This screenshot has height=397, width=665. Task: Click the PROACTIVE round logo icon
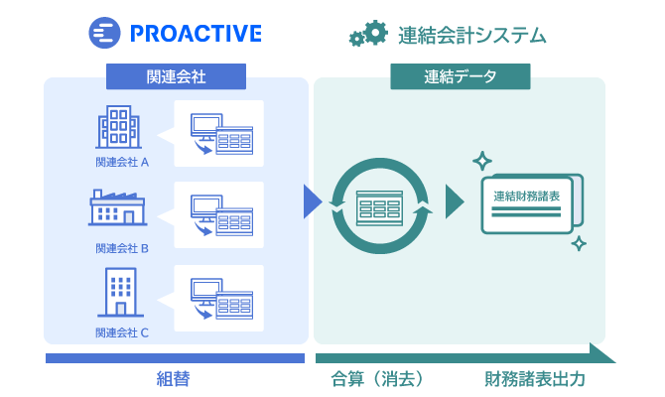(x=104, y=33)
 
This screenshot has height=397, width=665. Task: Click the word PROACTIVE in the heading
(x=196, y=34)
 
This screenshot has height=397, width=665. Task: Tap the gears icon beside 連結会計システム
(x=368, y=33)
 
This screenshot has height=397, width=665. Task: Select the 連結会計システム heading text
(x=472, y=35)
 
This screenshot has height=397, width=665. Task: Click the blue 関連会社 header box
(x=176, y=76)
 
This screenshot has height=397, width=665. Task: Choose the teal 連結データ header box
(x=461, y=76)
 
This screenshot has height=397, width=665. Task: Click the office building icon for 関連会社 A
(x=118, y=127)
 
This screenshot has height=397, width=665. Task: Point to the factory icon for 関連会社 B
(x=118, y=207)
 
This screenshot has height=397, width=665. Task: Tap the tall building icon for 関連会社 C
(x=121, y=292)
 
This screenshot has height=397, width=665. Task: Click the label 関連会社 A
(x=122, y=162)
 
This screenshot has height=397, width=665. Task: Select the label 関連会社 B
(x=122, y=248)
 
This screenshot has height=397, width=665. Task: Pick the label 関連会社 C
(x=122, y=332)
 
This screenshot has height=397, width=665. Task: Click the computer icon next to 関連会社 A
(x=221, y=134)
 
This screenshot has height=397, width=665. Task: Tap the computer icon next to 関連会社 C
(x=221, y=299)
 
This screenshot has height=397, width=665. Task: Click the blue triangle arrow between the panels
(x=312, y=201)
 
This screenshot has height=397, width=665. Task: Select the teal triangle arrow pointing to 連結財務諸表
(x=454, y=201)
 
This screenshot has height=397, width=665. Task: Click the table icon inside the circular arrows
(x=379, y=208)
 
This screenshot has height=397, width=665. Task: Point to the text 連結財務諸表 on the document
(x=527, y=196)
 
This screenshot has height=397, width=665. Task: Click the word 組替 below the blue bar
(x=173, y=379)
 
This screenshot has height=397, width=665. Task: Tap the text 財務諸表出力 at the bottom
(x=535, y=379)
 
